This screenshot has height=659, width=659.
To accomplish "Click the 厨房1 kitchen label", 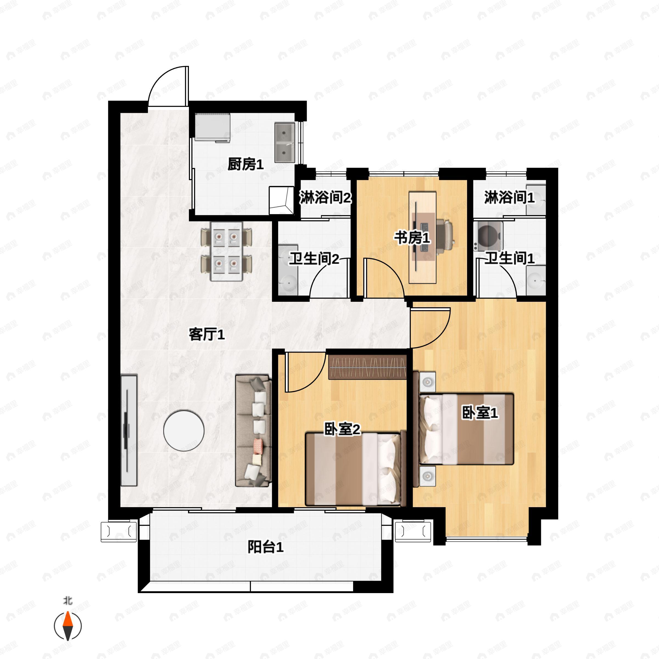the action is [245, 164].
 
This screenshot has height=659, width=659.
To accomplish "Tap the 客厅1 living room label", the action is [207, 335].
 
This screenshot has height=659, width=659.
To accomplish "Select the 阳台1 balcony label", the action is [265, 548].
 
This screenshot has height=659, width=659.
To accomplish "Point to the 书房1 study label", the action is [412, 238].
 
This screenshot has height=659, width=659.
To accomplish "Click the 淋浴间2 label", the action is [325, 197].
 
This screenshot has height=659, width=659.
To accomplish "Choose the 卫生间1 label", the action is [510, 258].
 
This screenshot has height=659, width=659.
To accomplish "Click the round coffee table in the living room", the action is [184, 431].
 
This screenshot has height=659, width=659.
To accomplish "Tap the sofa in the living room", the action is [253, 431].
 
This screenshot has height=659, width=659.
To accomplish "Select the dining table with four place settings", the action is [227, 252].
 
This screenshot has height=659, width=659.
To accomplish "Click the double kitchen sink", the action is [285, 143].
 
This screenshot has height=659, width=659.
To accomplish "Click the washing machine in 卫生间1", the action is [488, 236].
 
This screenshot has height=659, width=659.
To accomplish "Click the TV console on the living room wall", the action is [129, 431].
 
